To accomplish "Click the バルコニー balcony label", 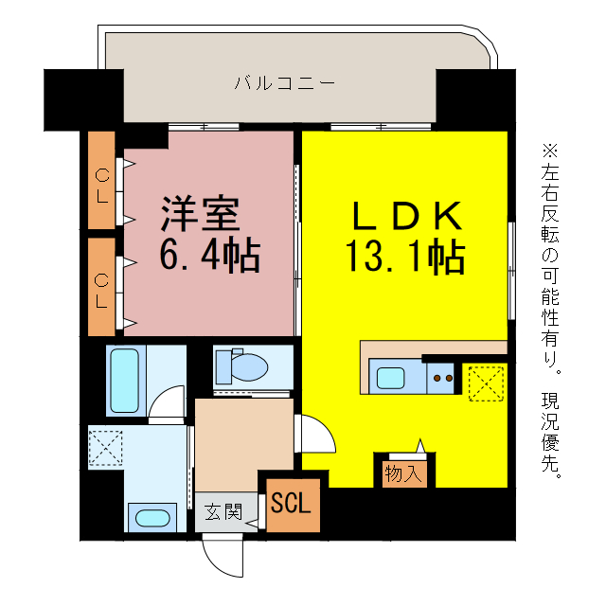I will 284,83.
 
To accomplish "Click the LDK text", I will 408,217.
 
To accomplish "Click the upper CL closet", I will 101,180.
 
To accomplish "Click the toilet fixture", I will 242,365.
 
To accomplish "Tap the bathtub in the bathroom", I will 125,380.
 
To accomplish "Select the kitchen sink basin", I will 391,378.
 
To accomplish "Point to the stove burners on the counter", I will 442,378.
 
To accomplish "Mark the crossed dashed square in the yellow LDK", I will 486,383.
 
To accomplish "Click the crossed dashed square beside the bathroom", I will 103,447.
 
